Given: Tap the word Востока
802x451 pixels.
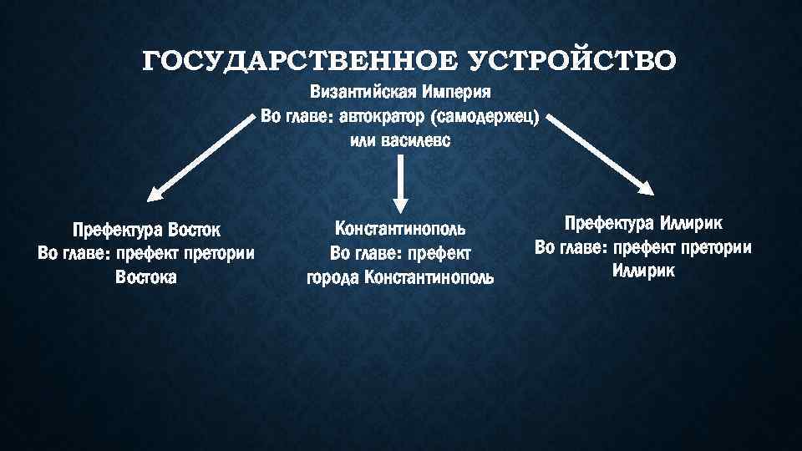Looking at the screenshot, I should click(146, 277).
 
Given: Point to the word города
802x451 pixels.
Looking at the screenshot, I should click(332, 277).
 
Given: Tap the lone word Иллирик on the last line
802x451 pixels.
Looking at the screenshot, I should click(643, 271).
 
